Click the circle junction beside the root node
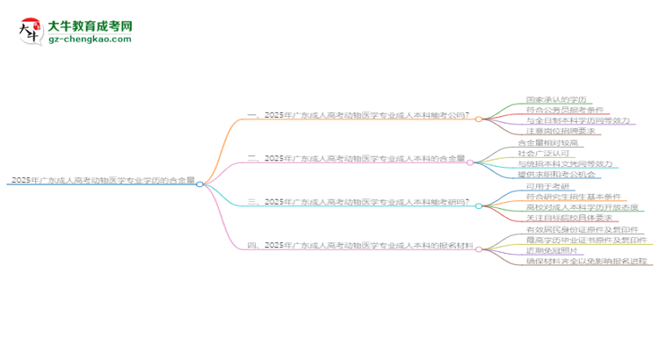tap(200, 184)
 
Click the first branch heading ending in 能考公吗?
tap(358, 114)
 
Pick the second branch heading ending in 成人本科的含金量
tap(357, 158)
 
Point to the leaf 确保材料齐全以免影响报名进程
tap(586, 262)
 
